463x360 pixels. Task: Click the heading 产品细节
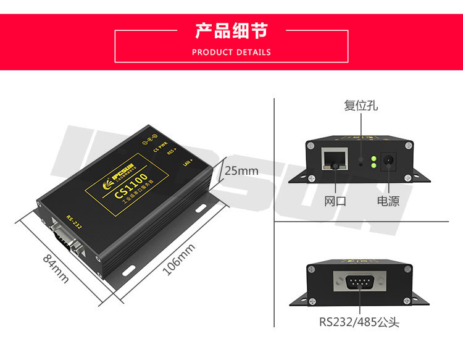pyautogui.click(x=231, y=30)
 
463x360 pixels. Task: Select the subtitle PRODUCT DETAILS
pyautogui.click(x=231, y=52)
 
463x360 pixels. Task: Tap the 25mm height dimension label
pyautogui.click(x=241, y=170)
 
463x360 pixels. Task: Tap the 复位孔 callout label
pyautogui.click(x=361, y=106)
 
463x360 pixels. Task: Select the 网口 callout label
pyautogui.click(x=335, y=201)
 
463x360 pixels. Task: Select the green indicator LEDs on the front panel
pyautogui.click(x=373, y=162)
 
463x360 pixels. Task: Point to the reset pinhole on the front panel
pyautogui.click(x=361, y=164)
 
